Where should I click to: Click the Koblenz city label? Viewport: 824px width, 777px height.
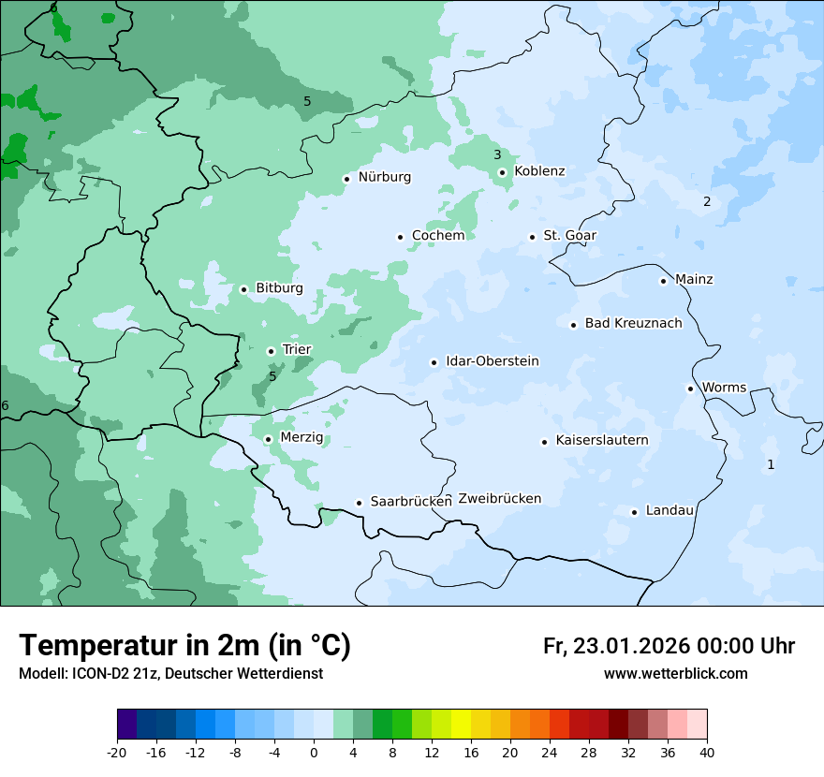point(539,171)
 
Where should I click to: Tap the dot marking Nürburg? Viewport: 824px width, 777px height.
point(346,178)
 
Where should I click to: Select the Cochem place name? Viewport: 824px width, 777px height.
point(437,236)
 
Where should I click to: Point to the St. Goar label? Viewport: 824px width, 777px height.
point(569,236)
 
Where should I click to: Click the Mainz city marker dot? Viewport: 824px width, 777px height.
point(663,281)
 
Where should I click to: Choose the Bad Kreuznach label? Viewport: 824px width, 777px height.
point(633,324)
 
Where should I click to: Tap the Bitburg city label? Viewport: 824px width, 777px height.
point(279,288)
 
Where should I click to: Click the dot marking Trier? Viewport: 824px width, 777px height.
point(271,351)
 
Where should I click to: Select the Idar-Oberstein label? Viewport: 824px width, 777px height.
point(492,361)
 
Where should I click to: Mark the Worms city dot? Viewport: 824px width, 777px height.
point(690,388)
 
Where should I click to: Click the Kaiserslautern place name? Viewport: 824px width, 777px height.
point(601,441)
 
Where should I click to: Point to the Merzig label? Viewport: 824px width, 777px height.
point(301,438)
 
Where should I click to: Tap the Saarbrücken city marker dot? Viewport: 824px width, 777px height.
point(359,503)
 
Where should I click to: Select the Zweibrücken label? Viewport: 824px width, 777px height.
point(499,499)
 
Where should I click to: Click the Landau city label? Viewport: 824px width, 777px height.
point(669,511)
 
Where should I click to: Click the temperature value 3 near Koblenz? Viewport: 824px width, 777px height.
point(497,154)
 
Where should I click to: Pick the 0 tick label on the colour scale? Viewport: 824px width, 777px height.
point(314,752)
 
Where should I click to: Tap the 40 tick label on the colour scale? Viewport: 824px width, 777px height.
point(707,752)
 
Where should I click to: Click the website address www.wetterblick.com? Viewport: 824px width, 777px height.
point(675,674)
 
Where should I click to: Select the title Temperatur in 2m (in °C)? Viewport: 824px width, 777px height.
point(184,646)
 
